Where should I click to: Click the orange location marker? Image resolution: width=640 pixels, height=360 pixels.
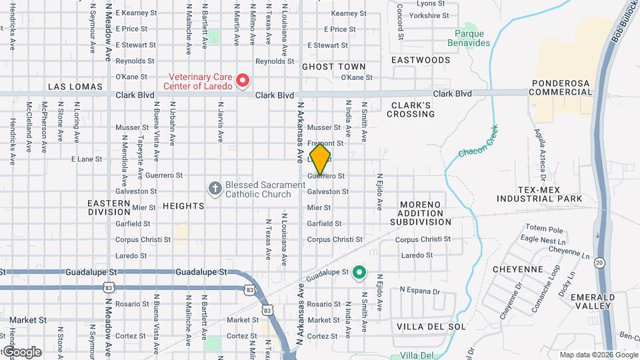[320, 158]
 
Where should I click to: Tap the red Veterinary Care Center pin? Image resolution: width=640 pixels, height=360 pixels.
[243, 81]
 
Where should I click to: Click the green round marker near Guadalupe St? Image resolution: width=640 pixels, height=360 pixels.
[360, 272]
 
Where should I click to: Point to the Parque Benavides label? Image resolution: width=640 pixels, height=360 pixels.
[472, 38]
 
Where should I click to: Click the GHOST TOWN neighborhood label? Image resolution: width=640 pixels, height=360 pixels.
[334, 67]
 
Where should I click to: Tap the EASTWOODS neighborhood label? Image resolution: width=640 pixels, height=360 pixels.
[421, 60]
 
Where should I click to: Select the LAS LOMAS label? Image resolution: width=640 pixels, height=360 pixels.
[75, 87]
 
